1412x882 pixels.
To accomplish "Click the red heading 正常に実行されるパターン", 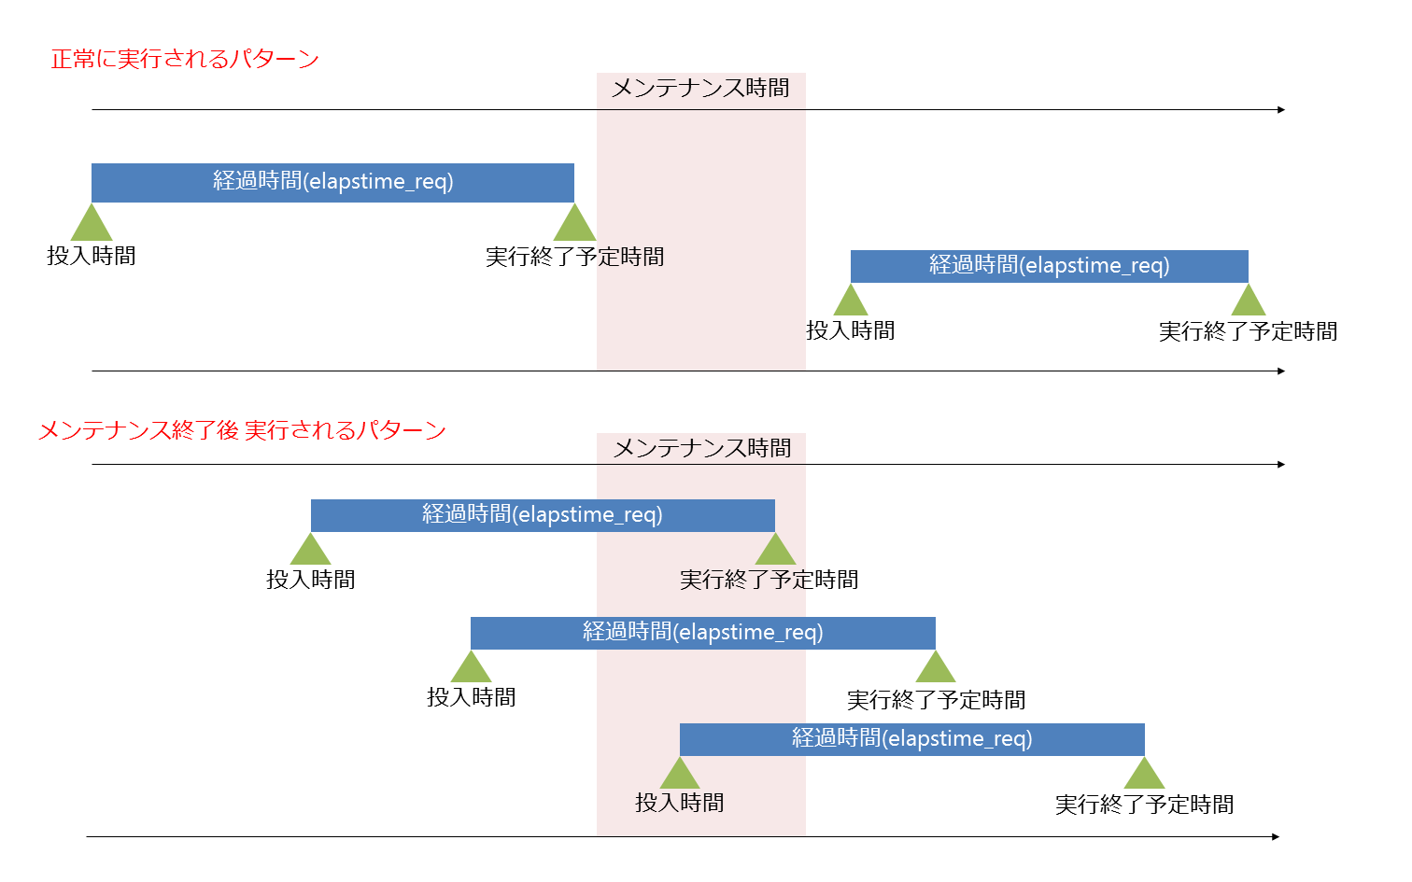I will [185, 60].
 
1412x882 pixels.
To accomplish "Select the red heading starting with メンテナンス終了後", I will [242, 430].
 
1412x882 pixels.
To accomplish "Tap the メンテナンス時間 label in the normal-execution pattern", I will [700, 88].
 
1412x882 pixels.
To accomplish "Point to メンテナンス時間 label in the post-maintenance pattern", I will [701, 448].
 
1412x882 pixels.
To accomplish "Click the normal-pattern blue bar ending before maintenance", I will [332, 182].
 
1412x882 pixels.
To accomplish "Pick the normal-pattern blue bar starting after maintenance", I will [1049, 266].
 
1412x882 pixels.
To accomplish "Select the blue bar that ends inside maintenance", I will [542, 515].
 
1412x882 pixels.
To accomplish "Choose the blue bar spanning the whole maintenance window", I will [702, 633].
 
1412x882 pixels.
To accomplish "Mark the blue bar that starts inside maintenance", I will [911, 739].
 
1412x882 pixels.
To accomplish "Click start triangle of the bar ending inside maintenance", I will [311, 550].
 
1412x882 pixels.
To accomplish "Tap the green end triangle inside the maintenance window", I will [775, 550].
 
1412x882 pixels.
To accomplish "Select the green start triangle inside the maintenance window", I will [680, 774].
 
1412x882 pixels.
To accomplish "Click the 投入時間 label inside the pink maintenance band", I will [680, 803].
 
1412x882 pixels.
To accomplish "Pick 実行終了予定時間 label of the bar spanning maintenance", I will [936, 700].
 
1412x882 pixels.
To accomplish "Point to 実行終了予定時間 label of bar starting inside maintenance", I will [1144, 805].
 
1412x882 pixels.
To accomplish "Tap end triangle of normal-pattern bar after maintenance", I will [1248, 301].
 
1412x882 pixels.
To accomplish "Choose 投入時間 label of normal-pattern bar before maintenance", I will [92, 256].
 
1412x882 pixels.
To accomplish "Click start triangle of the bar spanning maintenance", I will [471, 667].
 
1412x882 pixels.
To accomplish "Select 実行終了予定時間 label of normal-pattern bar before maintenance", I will [574, 257].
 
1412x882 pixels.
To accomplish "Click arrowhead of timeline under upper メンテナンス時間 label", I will [1281, 110].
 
